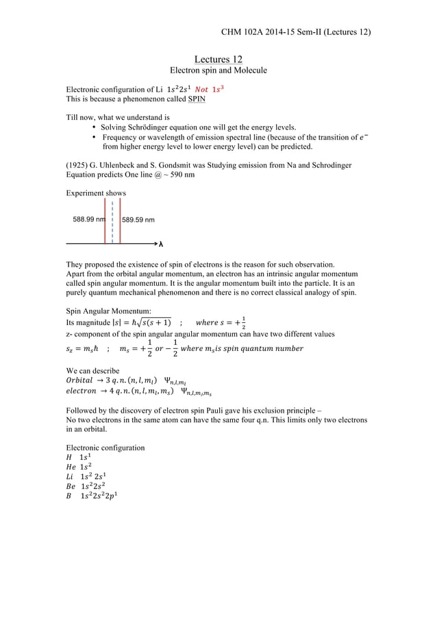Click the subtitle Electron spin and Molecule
pyautogui.click(x=218, y=71)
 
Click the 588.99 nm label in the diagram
pyautogui.click(x=88, y=220)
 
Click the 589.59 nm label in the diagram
pyautogui.click(x=138, y=220)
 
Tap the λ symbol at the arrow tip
pyautogui.click(x=161, y=244)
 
